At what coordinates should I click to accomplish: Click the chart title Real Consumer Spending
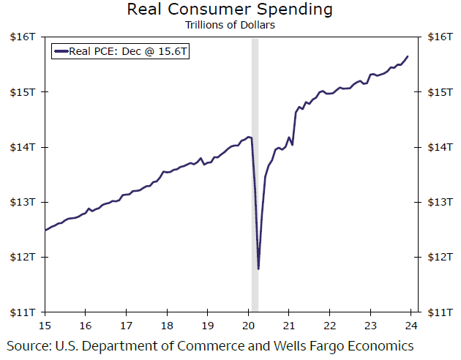point(229,10)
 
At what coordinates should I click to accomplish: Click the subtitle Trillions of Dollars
point(229,24)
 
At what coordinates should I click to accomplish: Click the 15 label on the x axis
point(45,326)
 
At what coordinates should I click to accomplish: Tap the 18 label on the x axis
point(167,326)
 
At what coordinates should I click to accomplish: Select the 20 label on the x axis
point(248,326)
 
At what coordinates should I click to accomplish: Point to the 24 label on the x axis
point(411,326)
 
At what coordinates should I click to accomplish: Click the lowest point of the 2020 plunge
point(258,269)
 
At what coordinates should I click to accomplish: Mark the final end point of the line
point(408,56)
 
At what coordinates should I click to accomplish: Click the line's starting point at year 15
point(46,230)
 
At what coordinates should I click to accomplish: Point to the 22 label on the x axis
point(329,326)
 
